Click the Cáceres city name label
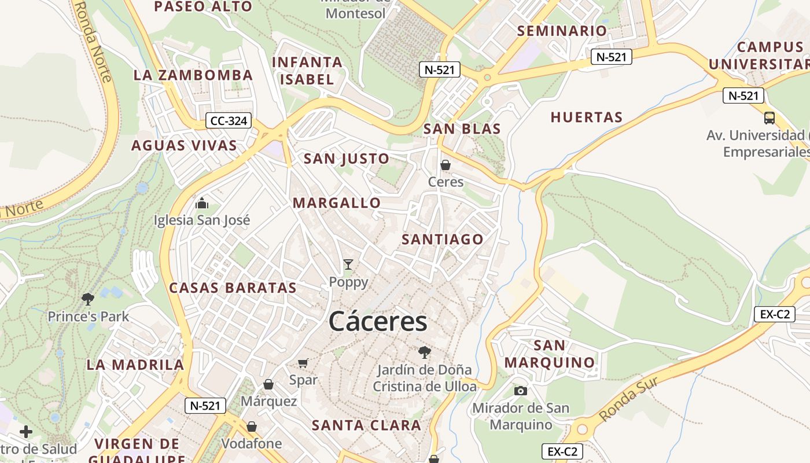click(378, 322)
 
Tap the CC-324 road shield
click(229, 121)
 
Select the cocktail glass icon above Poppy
click(348, 264)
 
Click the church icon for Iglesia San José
click(202, 203)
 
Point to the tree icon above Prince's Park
click(88, 299)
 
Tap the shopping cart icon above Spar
click(303, 363)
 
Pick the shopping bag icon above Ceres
click(446, 165)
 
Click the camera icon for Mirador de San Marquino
click(521, 391)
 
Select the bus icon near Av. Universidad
click(769, 118)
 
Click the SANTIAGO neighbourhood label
click(443, 239)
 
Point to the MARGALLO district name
click(337, 203)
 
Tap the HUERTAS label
click(587, 117)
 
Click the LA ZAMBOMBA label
click(193, 75)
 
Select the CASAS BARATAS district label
click(233, 288)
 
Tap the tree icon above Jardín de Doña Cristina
click(425, 352)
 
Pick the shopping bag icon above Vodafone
click(252, 427)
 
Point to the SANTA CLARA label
click(367, 425)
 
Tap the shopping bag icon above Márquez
click(268, 384)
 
